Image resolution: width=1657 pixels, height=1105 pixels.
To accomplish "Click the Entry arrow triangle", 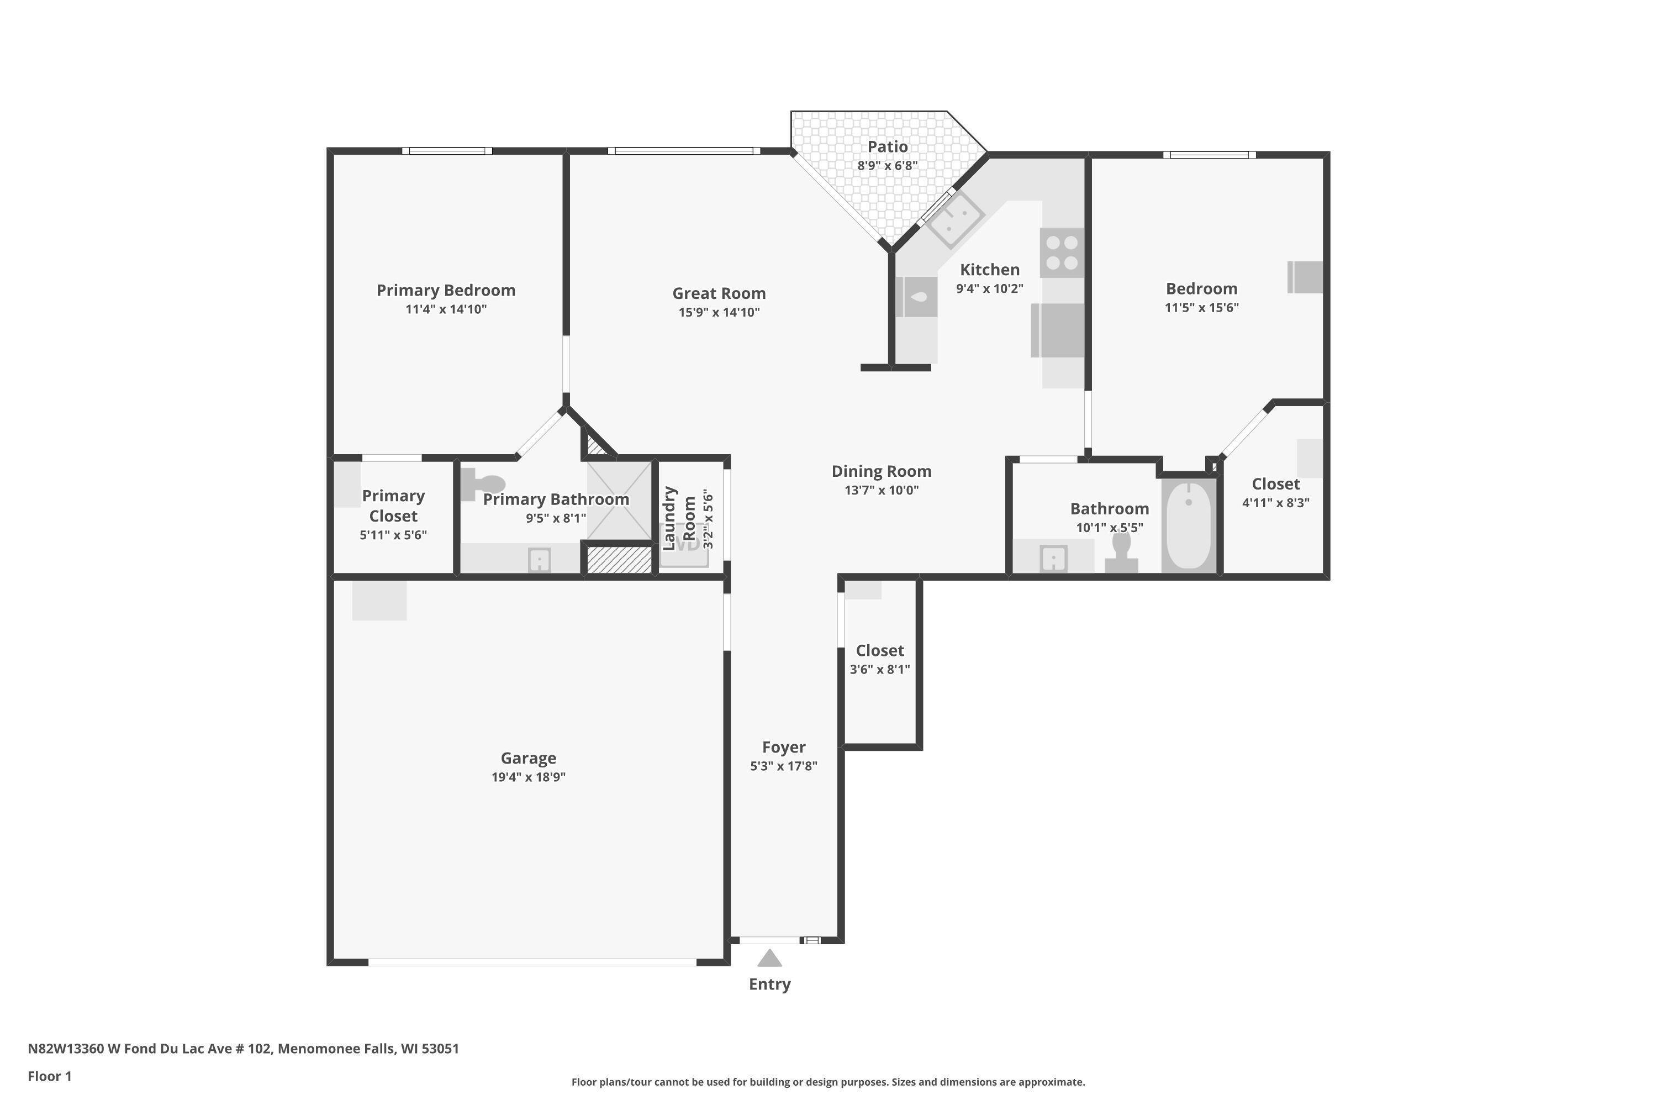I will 769,959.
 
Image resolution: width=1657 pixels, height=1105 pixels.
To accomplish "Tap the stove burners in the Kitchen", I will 1062,252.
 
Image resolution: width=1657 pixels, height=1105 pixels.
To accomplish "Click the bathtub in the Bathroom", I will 1189,525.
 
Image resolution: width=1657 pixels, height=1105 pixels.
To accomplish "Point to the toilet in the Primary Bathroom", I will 484,484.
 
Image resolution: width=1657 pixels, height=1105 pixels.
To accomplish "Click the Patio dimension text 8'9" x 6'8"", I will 887,166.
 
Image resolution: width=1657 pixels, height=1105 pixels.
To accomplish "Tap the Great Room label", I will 719,293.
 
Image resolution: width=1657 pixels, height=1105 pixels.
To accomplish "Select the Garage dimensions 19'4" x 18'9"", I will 529,777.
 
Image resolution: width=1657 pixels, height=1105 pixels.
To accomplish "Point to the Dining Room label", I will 882,471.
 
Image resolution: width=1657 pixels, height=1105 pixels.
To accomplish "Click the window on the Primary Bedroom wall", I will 447,151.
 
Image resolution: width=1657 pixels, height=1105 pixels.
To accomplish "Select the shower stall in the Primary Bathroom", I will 619,501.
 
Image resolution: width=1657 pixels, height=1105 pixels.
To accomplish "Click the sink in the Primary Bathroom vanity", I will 540,561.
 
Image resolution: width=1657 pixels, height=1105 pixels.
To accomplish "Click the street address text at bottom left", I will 243,1049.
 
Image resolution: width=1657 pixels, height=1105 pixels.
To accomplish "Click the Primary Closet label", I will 393,506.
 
